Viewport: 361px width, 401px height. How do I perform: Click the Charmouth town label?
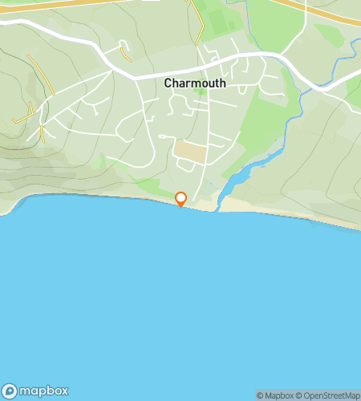194,83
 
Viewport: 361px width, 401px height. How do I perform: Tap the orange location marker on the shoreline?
181,198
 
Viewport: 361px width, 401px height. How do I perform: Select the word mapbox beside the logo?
43,391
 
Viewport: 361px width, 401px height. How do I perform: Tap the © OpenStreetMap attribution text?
329,395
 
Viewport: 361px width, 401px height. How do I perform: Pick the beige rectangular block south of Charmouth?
190,150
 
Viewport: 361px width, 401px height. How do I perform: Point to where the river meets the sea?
221,196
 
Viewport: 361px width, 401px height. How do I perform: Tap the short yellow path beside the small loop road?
125,54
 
